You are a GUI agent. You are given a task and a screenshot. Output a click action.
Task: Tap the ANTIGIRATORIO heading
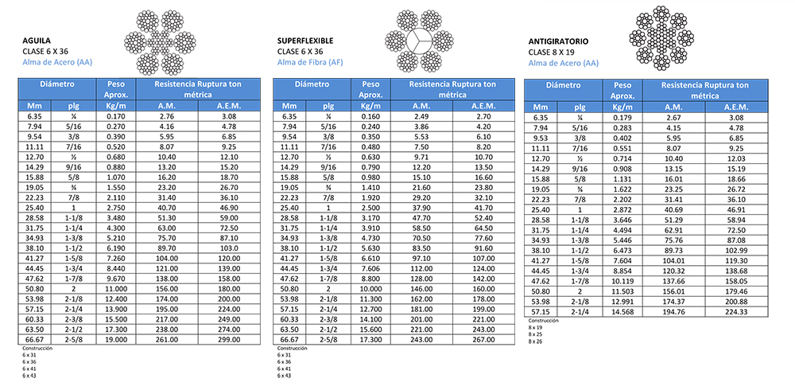(563, 41)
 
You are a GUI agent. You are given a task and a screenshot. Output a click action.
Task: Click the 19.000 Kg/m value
(115, 339)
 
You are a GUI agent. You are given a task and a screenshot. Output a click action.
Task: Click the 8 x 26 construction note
(535, 341)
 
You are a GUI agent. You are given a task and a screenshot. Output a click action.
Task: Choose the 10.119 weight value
(623, 282)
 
